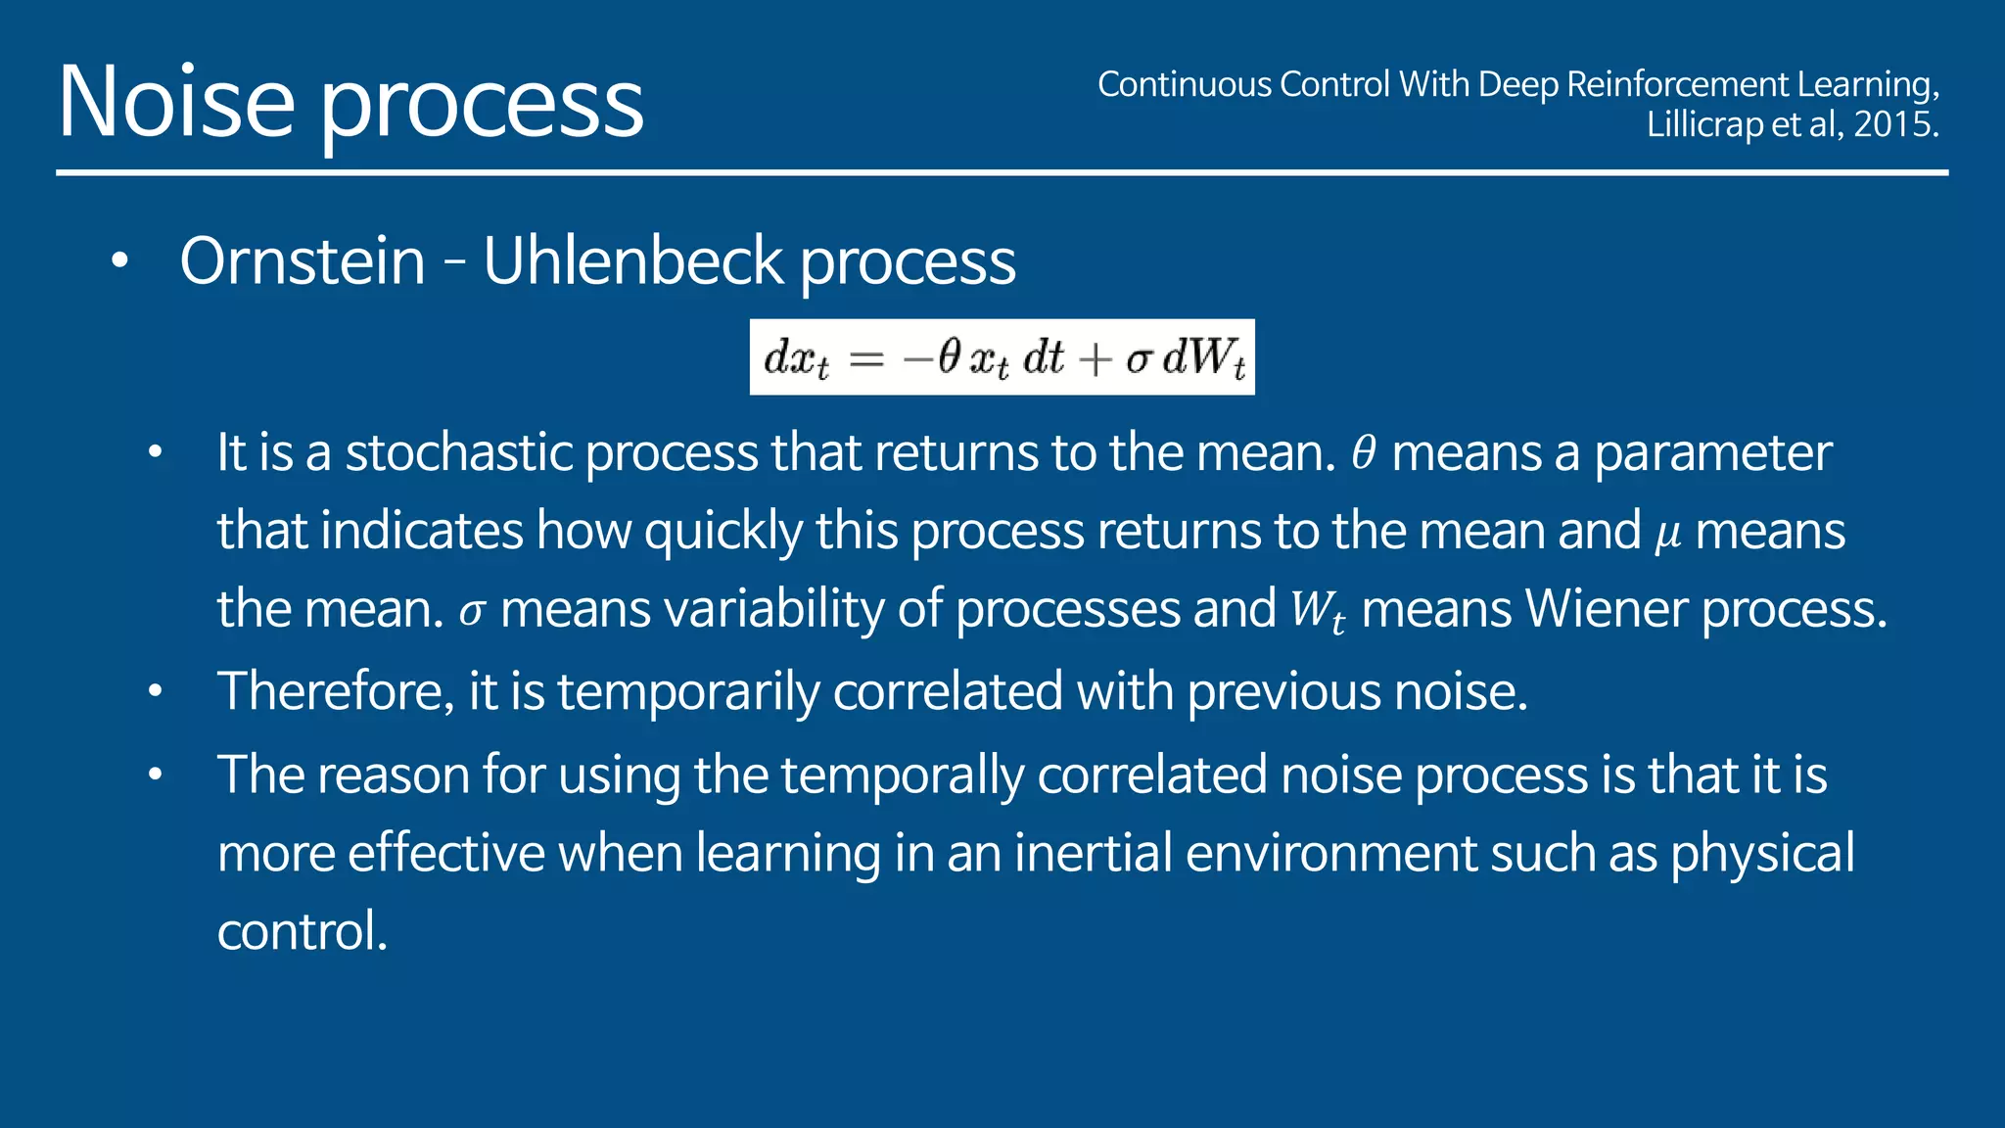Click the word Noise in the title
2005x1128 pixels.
coord(176,102)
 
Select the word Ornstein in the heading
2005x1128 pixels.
coord(303,261)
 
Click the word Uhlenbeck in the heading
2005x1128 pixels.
coord(632,261)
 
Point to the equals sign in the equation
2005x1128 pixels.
coord(866,359)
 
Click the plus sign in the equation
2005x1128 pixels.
coord(1095,359)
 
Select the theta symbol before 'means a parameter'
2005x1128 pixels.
coord(1364,452)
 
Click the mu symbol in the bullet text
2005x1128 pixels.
coord(1667,536)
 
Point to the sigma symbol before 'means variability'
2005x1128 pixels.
coord(472,613)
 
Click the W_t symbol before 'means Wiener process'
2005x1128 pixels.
coord(1317,611)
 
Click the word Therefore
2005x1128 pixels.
coord(335,691)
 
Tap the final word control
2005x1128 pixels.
coord(302,931)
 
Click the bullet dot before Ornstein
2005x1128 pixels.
coord(119,261)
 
